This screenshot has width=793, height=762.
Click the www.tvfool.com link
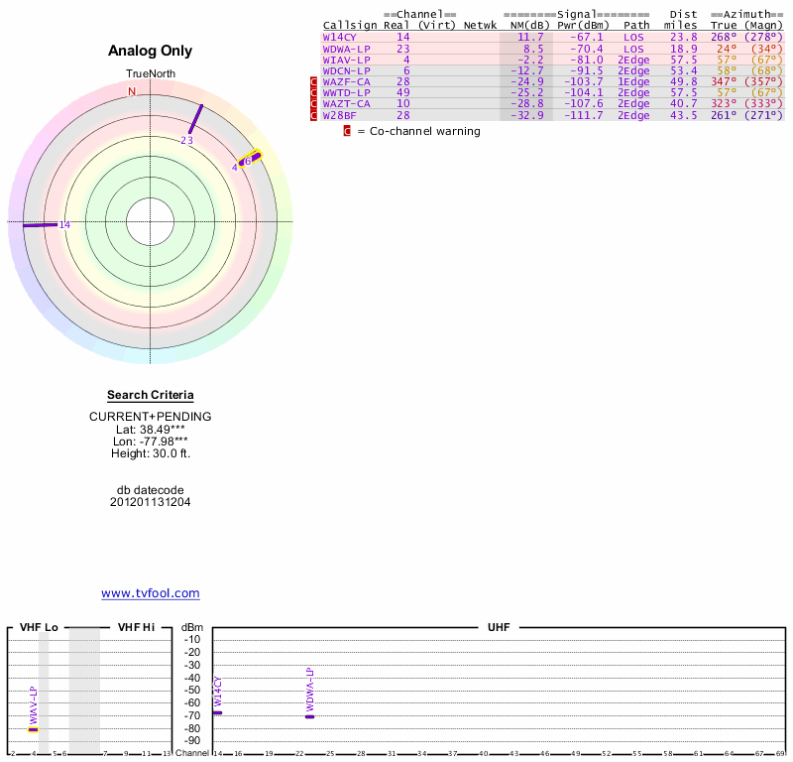pos(150,593)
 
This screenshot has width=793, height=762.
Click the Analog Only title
pos(150,51)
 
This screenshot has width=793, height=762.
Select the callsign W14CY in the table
pos(339,37)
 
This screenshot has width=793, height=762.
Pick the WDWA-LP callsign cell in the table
pos(346,48)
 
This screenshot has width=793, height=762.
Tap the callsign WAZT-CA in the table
pos(346,103)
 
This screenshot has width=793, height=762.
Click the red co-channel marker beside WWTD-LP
pos(314,92)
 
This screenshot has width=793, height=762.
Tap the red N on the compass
pos(132,91)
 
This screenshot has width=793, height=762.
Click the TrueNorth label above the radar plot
pos(150,74)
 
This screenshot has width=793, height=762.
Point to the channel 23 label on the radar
pos(186,141)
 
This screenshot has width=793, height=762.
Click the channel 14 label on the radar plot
pos(64,225)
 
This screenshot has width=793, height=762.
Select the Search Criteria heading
pos(150,395)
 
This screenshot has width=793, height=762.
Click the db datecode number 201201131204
pos(150,502)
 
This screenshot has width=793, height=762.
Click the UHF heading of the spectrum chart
pos(497,627)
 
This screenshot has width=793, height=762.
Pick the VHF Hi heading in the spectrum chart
pos(136,627)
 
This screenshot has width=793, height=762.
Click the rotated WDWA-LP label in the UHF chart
pos(309,689)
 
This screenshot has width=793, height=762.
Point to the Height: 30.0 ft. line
pos(150,453)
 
